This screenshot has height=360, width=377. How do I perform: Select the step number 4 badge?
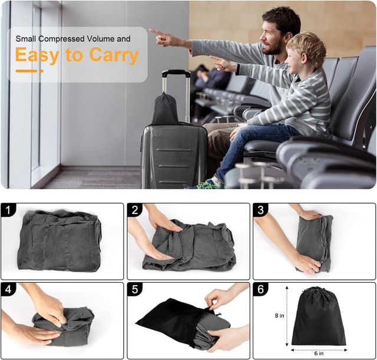[8, 289]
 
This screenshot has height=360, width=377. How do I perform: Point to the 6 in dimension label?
[319, 354]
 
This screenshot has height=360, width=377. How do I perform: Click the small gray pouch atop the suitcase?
[165, 110]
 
